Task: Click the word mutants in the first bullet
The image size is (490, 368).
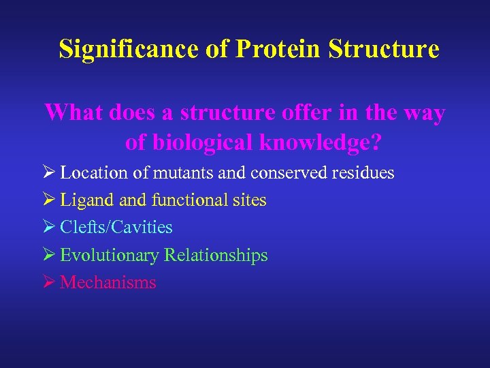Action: [182, 173]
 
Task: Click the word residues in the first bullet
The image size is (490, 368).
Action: [363, 173]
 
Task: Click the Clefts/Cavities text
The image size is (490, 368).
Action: [116, 228]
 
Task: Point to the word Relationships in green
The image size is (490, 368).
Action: [215, 256]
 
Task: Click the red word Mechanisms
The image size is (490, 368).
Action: [108, 283]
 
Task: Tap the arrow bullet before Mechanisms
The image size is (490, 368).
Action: [50, 283]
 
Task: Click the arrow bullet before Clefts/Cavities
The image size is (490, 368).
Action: [50, 228]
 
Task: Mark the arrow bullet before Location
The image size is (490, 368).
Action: [50, 173]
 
